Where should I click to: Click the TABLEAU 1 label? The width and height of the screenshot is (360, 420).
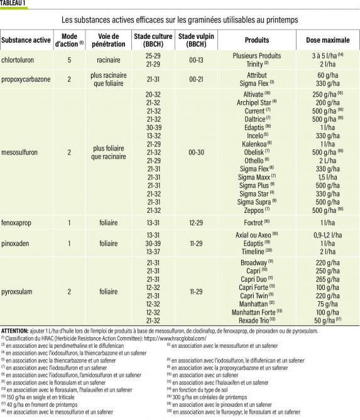[x=16, y=4]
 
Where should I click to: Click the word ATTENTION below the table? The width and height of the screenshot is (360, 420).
[x=19, y=330]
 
